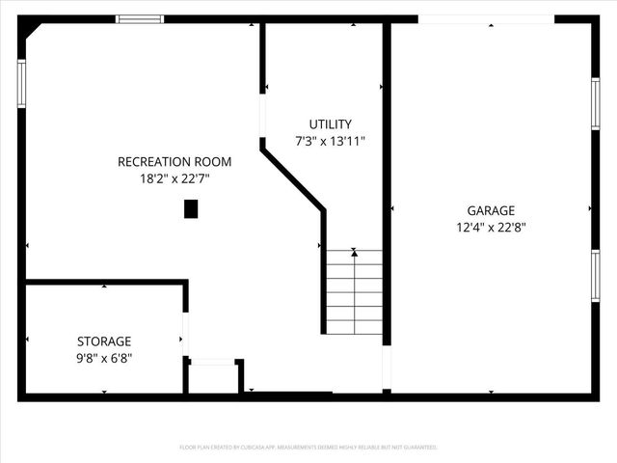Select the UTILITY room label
(330, 124)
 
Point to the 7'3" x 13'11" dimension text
(330, 141)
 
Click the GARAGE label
(491, 210)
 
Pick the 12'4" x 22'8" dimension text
(491, 228)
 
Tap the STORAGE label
(104, 341)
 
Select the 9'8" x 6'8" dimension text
(104, 358)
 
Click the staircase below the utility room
(354, 291)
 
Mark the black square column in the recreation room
(191, 208)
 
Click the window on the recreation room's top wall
(140, 18)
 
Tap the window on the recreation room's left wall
(21, 83)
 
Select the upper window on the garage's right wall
(595, 102)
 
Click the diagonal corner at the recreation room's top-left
(33, 29)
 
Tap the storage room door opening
(184, 333)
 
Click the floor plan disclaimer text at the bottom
(308, 448)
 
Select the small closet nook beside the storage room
(213, 378)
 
